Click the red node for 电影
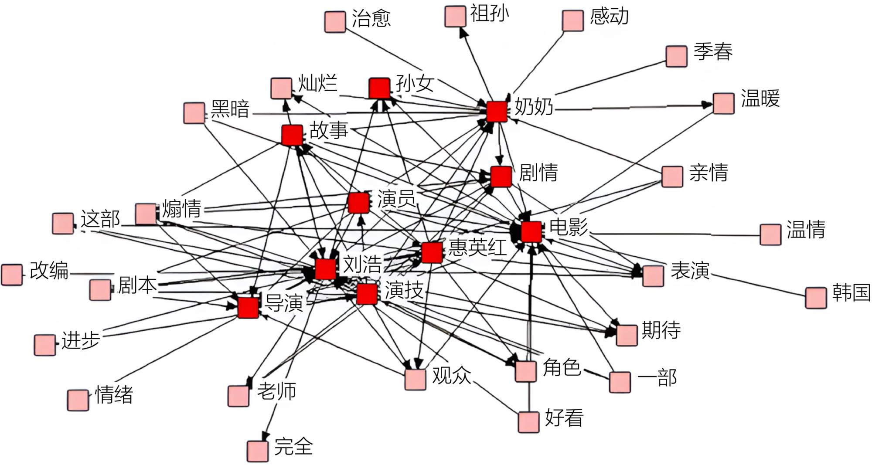pyautogui.click(x=531, y=231)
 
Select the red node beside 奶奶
pyautogui.click(x=497, y=111)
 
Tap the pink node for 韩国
pyautogui.click(x=816, y=298)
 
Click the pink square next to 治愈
pyautogui.click(x=335, y=22)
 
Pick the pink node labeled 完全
pyautogui.click(x=257, y=451)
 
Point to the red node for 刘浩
pyautogui.click(x=325, y=268)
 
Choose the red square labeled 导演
pyautogui.click(x=248, y=307)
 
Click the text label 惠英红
pyautogui.click(x=477, y=248)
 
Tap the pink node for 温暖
pyautogui.click(x=723, y=103)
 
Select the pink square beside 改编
pyautogui.click(x=12, y=275)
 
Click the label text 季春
pyautogui.click(x=713, y=51)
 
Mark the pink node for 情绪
pyautogui.click(x=78, y=400)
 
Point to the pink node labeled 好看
pyautogui.click(x=528, y=421)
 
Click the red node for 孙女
pyautogui.click(x=379, y=88)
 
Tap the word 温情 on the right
pyautogui.click(x=806, y=230)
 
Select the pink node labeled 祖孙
pyautogui.click(x=455, y=16)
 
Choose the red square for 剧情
pyautogui.click(x=501, y=176)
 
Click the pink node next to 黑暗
pyautogui.click(x=194, y=113)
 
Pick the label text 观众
pyautogui.click(x=451, y=375)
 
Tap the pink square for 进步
pyautogui.click(x=45, y=345)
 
